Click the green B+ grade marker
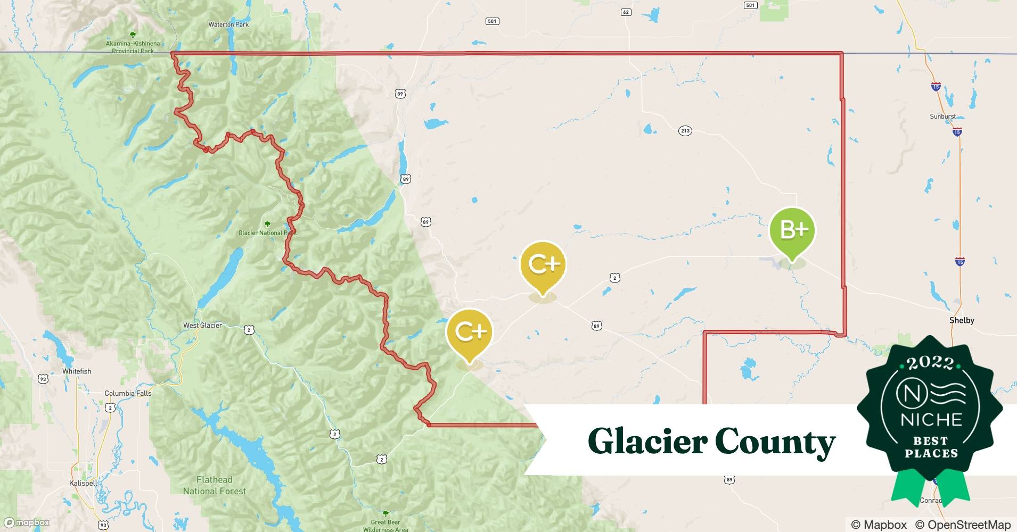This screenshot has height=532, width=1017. point(792,230)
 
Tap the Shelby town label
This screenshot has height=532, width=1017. point(962,320)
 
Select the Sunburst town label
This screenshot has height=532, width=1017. point(942,117)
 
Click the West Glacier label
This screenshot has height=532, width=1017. point(202,326)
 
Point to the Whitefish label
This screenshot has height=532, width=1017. point(77,371)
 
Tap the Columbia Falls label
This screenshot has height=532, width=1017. point(128,394)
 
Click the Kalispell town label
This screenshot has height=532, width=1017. point(84,483)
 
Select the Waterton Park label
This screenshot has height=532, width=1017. point(228,24)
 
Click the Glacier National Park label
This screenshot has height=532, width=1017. point(267,233)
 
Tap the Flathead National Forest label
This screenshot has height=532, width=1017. point(215,485)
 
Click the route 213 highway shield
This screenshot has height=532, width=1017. point(685,131)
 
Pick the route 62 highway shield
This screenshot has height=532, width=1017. point(626,12)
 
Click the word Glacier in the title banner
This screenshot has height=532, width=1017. point(647,441)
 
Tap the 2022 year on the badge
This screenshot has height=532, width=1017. point(930,363)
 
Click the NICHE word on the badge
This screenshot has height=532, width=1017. point(931,420)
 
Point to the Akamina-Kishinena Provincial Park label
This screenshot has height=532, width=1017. point(133,47)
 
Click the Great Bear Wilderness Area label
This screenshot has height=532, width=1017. point(386,526)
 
